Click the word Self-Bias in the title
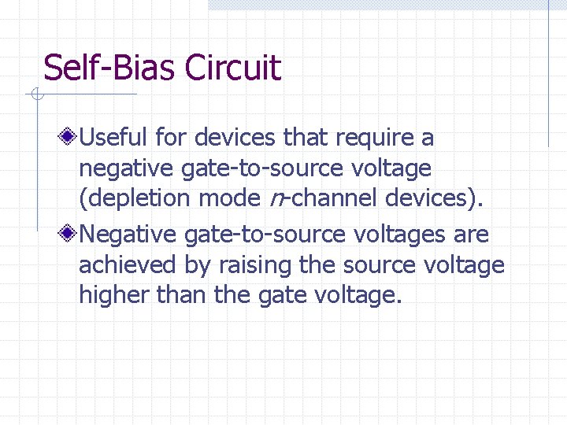click(109, 68)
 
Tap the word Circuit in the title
click(232, 68)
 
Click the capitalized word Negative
click(128, 235)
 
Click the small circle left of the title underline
click(35, 95)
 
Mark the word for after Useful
click(171, 138)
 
